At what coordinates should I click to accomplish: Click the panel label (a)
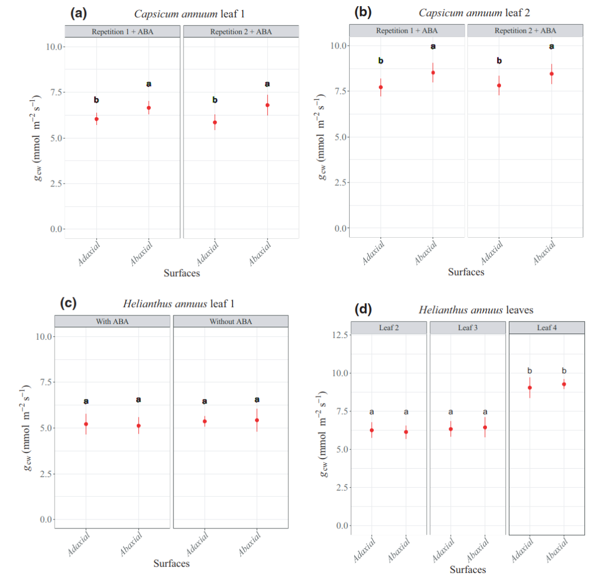click(x=78, y=14)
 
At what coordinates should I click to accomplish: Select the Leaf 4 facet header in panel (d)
click(x=547, y=327)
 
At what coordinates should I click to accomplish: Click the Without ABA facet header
click(x=231, y=322)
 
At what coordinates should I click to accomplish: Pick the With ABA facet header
click(x=112, y=322)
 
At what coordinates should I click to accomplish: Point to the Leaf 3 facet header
click(x=468, y=327)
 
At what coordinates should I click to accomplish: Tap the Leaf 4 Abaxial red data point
click(x=564, y=384)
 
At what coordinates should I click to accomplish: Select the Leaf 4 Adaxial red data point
click(x=530, y=388)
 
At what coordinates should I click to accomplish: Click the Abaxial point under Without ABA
click(x=257, y=420)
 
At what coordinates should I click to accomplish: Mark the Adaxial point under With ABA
click(x=86, y=424)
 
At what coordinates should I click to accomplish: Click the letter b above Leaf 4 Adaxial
click(x=530, y=371)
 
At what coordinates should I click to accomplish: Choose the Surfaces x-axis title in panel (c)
click(x=172, y=563)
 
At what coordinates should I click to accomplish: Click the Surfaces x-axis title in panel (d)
click(x=468, y=570)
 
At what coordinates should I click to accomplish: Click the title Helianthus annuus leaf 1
click(x=178, y=304)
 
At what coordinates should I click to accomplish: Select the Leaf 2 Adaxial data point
click(x=372, y=430)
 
